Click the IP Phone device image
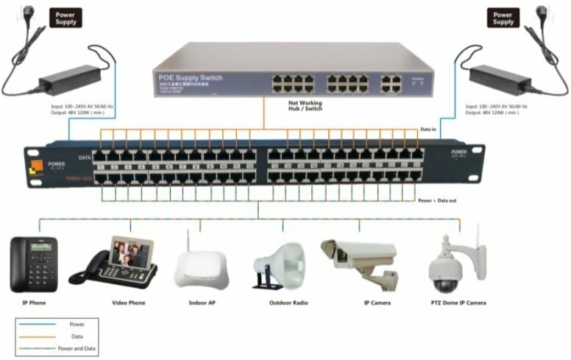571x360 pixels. [33, 264]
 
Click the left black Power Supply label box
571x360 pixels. [65, 18]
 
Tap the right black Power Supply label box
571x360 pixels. [503, 18]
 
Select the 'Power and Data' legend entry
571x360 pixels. [77, 347]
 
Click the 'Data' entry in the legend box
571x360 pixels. [77, 336]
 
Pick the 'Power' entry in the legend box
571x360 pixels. [77, 324]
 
